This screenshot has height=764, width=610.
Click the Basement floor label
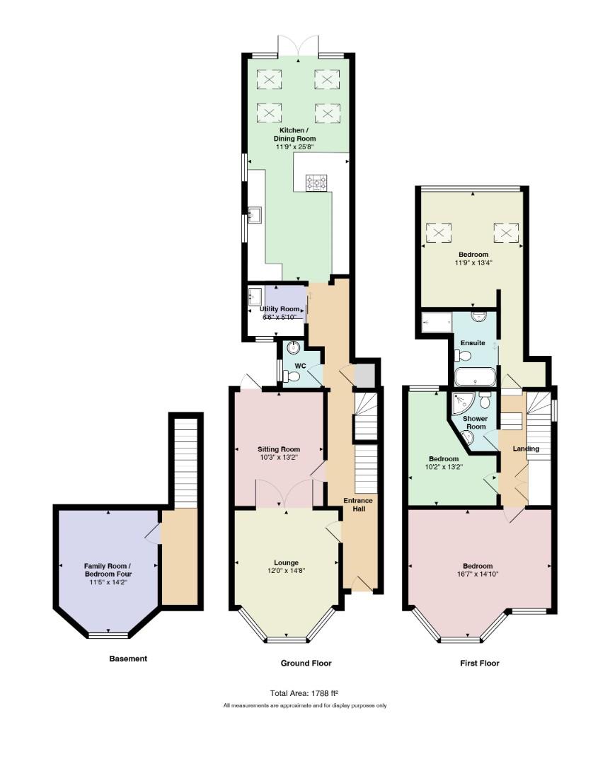pos(128,659)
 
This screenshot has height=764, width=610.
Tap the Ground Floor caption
pos(306,663)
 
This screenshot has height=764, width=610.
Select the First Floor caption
pos(480,663)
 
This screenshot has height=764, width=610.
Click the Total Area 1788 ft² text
pos(304,693)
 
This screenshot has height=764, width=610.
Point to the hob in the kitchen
pos(316,183)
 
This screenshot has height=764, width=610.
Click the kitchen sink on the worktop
pos(254,215)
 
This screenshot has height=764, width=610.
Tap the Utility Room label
pos(280,309)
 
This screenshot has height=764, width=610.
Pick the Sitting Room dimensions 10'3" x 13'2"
pos(279,458)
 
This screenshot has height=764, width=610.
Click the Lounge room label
pos(286,563)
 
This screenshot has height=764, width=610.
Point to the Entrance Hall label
pos(358,505)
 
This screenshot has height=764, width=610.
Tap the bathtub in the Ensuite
pos(475,377)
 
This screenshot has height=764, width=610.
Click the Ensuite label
pos(473,343)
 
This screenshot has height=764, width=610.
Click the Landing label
pos(526,448)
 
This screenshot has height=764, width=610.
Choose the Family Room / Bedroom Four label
pos(108,570)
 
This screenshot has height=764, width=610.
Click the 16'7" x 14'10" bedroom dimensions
pos(478,574)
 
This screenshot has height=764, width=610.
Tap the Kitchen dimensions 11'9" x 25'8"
pos(294,146)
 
